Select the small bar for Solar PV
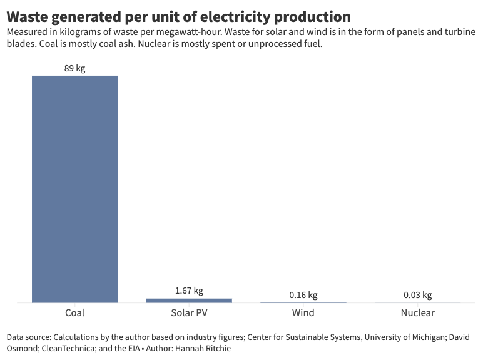coord(189,301)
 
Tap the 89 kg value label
coord(74,68)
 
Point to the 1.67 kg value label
coord(189,291)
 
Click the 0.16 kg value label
coord(303,295)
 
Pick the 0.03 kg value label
coord(417,295)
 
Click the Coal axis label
coord(74,312)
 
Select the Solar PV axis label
coord(189,312)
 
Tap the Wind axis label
coord(303,312)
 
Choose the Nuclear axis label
coord(417,312)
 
